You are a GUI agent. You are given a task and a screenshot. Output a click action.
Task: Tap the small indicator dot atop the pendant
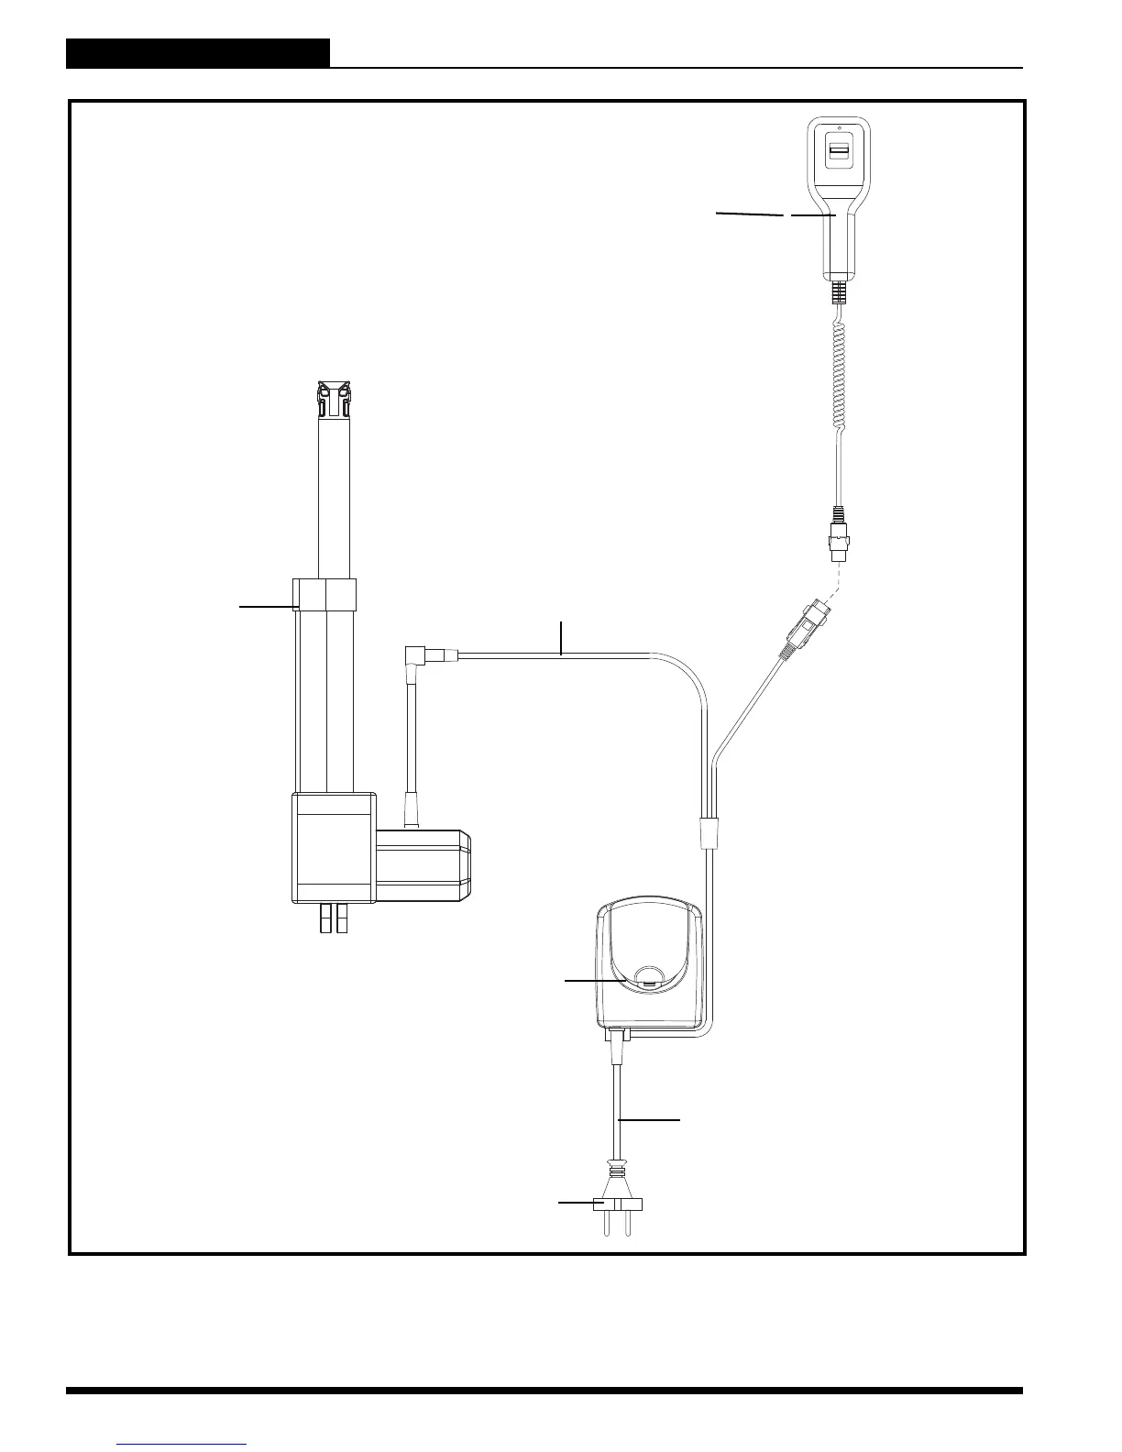coord(840,127)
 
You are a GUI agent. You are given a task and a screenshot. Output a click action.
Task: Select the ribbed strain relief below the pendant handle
coord(839,293)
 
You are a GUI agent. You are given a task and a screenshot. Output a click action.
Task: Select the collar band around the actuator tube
coord(324,594)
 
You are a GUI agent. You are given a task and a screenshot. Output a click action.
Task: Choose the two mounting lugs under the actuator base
coord(335,918)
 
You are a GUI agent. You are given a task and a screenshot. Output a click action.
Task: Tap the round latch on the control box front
coord(650,976)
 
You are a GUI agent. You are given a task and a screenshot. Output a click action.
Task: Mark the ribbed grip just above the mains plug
coord(618,1172)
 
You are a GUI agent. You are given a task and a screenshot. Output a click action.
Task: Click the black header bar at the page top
coord(198,53)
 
